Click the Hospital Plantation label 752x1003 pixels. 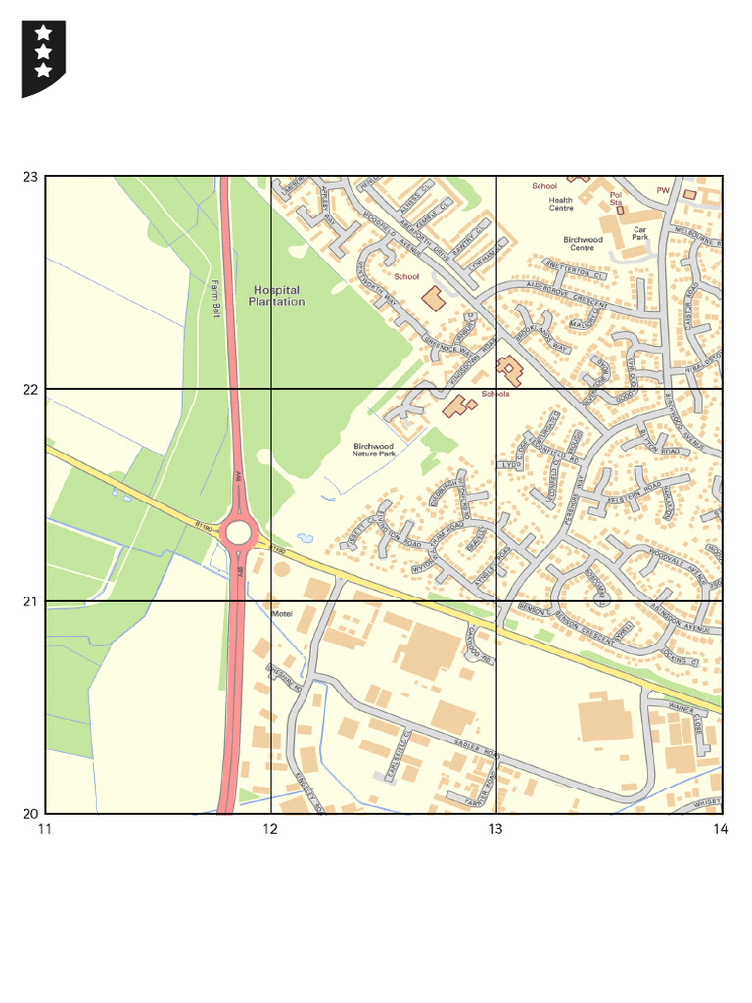(276, 296)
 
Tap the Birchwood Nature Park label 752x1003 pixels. (373, 450)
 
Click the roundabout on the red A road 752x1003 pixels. (238, 532)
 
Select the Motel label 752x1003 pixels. (282, 613)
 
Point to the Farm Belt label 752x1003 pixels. (213, 299)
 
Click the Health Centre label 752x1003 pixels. (561, 204)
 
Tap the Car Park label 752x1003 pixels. (639, 233)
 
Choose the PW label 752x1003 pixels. (663, 190)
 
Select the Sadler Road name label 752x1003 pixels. (476, 750)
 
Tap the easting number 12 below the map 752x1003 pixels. (270, 830)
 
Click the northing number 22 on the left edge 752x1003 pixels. (29, 389)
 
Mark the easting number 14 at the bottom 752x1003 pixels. (721, 830)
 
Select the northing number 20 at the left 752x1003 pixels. (29, 813)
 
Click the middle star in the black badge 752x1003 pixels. (43, 52)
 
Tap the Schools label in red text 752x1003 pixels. (494, 394)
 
